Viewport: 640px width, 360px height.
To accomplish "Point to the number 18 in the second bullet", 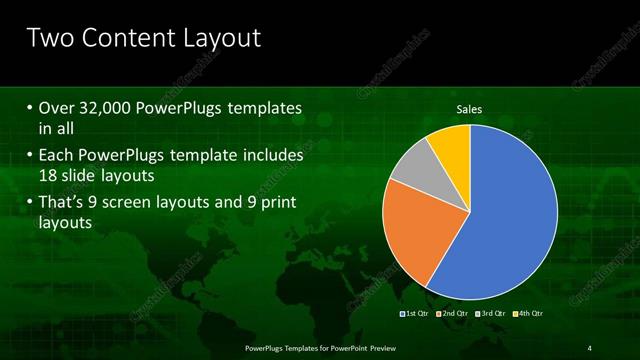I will click(49, 176).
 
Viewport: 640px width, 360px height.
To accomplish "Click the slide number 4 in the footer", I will click(590, 347).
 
